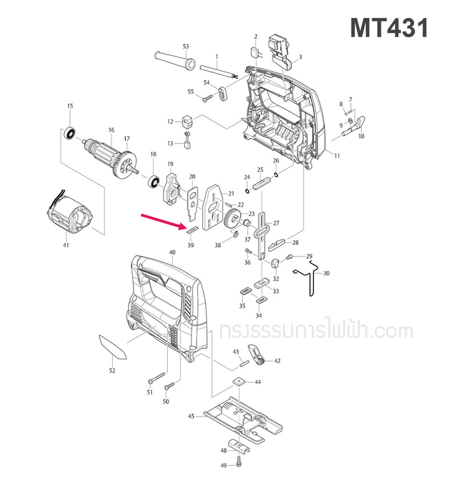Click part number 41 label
pos(66,245)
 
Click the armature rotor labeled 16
pos(103,154)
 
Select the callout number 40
pos(172,253)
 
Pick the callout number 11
pos(337,156)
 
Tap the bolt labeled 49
pos(238,463)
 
